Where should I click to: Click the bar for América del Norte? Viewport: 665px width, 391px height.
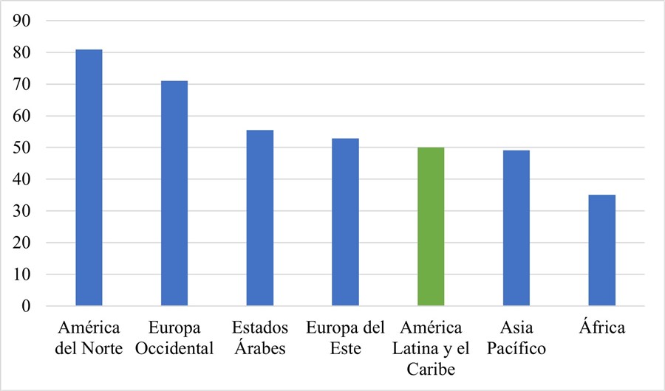[x=89, y=177]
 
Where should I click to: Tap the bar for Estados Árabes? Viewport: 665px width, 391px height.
[x=260, y=218]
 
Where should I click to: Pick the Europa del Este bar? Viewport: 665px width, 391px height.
[x=346, y=222]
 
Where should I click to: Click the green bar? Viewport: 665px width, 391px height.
[x=431, y=226]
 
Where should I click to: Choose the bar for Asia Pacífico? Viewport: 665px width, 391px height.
[x=516, y=228]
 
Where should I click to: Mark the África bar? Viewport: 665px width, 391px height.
[x=602, y=250]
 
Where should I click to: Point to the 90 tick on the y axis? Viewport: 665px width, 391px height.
[x=29, y=21]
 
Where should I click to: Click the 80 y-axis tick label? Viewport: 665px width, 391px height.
[x=29, y=53]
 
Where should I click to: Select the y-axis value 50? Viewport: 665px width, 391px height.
[x=29, y=148]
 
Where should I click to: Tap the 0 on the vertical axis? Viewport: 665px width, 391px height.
[x=33, y=306]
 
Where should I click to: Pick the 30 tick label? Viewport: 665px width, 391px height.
[x=29, y=211]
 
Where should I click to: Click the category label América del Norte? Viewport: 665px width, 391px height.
[x=89, y=337]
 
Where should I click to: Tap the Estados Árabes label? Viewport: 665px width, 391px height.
[x=260, y=337]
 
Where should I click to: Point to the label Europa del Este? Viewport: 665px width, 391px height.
[x=346, y=337]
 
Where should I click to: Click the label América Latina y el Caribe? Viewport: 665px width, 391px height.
[x=431, y=347]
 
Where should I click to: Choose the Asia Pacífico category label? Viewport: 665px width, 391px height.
[x=516, y=337]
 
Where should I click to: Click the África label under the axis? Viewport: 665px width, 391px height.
[x=602, y=327]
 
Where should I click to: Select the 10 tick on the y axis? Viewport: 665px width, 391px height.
[x=29, y=274]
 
